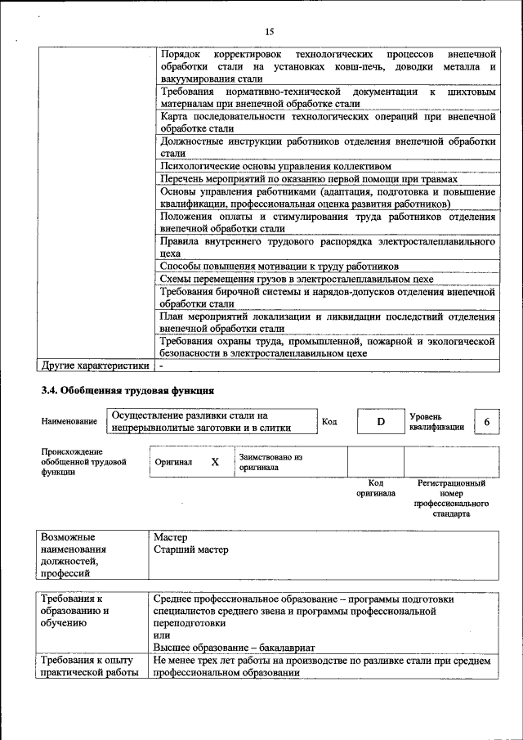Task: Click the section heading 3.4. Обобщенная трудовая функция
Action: [128, 389]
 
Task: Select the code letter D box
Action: [380, 422]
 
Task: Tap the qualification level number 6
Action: [487, 422]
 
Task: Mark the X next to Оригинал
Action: [215, 462]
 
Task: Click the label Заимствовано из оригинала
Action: [270, 462]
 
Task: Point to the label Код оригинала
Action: [375, 488]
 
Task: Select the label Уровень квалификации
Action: [436, 421]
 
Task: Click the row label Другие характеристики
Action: [96, 366]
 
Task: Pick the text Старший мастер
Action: [190, 550]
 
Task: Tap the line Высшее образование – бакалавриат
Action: [228, 648]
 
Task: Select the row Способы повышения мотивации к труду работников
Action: [279, 267]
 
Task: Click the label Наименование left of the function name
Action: [69, 422]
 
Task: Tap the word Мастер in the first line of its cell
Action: [170, 538]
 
